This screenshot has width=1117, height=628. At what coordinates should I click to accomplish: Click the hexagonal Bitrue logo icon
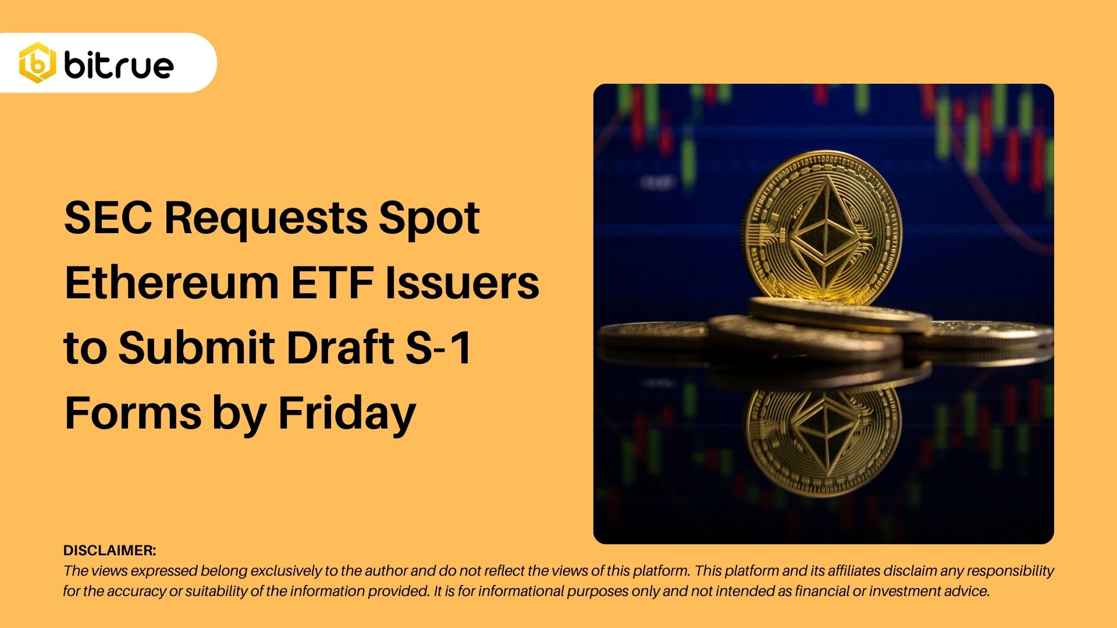pos(37,63)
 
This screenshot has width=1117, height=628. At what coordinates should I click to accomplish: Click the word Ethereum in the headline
pos(172,283)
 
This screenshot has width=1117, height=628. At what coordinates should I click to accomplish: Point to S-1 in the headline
pos(438,348)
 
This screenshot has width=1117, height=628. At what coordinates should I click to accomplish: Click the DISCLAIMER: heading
pos(109,550)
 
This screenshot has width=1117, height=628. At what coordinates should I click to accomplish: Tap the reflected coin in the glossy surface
pos(823,436)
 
